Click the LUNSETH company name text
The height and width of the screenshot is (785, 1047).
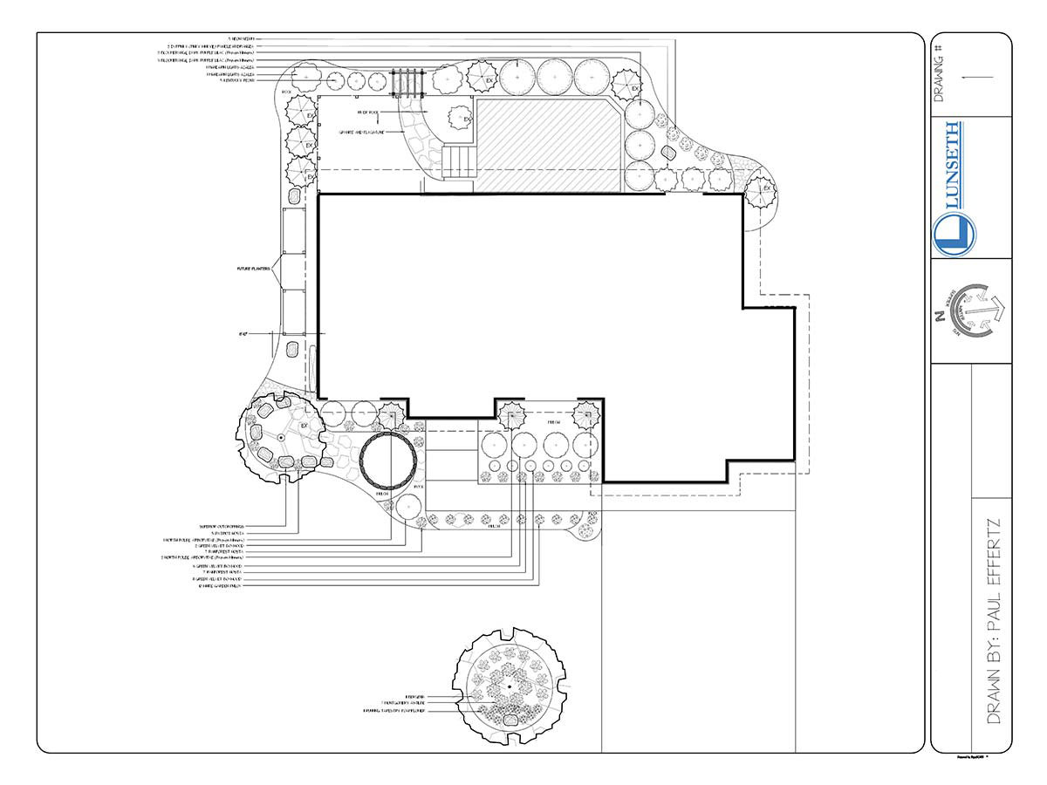(x=954, y=167)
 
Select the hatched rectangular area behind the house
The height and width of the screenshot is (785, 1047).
(x=550, y=145)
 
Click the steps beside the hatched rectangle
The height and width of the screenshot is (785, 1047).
(x=460, y=162)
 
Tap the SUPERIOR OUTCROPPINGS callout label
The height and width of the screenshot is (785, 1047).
(x=221, y=527)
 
